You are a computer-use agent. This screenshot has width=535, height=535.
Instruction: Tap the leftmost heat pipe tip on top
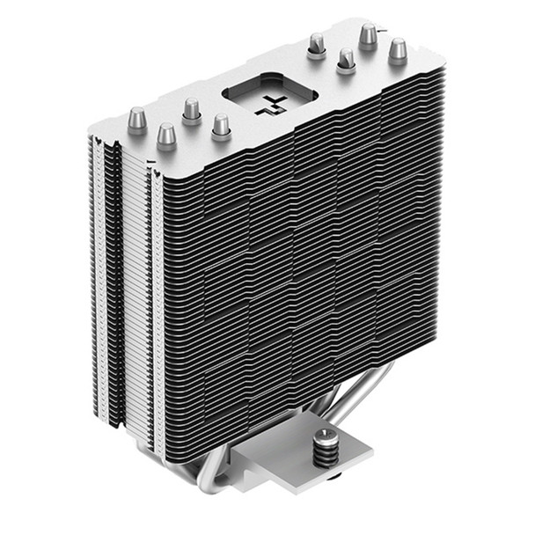point(137,120)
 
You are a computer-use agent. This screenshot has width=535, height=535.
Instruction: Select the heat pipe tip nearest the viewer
point(166,136)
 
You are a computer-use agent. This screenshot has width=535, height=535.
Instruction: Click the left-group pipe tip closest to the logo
point(221,125)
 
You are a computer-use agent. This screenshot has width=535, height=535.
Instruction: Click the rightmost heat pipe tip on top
point(398,49)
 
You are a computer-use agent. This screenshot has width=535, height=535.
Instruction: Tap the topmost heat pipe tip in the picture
point(368,35)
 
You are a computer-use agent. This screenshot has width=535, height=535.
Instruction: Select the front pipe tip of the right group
point(347,60)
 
